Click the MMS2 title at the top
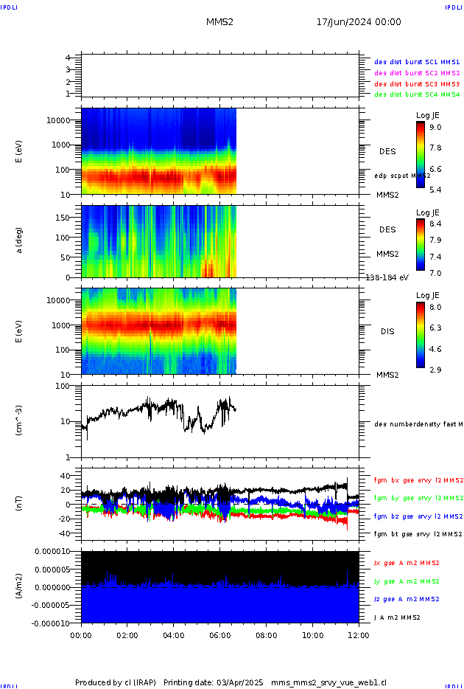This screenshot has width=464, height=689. point(219,22)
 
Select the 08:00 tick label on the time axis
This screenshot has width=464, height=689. point(267,634)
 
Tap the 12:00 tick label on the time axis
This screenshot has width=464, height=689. point(359,634)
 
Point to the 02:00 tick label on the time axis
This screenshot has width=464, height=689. point(127,634)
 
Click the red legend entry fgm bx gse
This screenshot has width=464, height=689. point(417,480)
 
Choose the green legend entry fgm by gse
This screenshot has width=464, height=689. point(417,498)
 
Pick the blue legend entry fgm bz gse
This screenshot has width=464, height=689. point(417,516)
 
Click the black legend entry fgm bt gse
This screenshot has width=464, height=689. point(417,534)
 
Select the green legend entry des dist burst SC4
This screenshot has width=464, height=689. point(417,94)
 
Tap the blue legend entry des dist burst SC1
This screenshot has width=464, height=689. point(417,63)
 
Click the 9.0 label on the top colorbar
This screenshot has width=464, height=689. point(436,128)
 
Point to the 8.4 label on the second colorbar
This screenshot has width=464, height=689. point(436,223)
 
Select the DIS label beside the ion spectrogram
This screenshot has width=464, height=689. point(387,331)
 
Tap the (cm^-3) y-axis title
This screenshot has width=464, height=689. point(20,420)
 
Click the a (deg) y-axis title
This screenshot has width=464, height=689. point(20,241)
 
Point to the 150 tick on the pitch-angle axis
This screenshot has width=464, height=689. point(68,218)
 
